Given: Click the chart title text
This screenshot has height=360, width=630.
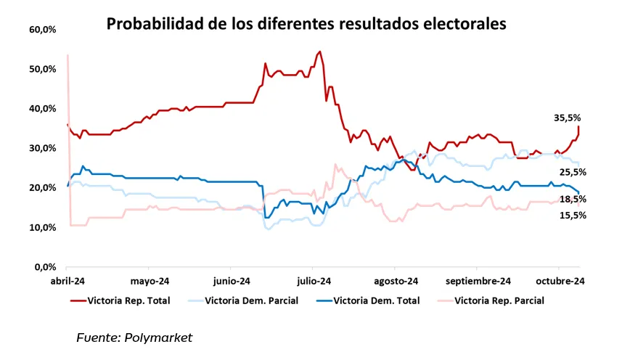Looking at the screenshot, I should tap(306, 24).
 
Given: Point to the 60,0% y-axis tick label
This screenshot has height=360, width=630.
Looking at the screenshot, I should tap(43, 30).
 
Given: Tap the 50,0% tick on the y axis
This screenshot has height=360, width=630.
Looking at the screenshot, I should tap(43, 69).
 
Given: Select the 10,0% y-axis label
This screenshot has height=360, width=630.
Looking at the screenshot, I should tap(43, 227).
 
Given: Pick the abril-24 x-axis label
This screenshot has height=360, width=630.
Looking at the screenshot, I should tap(67, 281).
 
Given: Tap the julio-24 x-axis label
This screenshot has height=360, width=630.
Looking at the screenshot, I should tap(314, 281).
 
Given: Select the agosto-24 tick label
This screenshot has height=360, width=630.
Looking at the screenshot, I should tap(396, 281).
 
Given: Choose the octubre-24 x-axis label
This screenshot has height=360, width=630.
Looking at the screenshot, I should tap(561, 281).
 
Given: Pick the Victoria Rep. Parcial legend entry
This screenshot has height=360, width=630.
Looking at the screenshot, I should tap(499, 299).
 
